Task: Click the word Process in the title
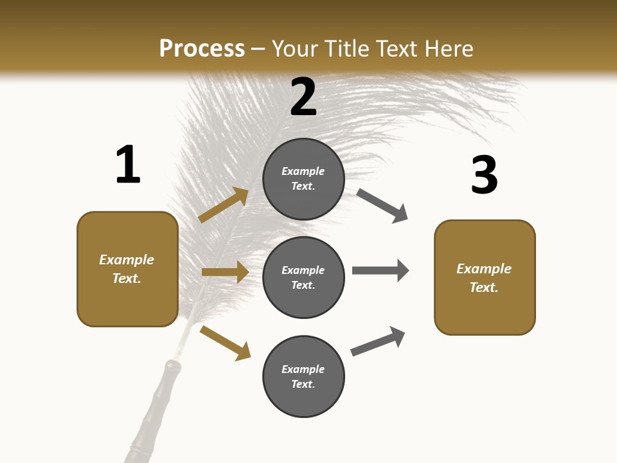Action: tap(202, 48)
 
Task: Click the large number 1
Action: tap(128, 165)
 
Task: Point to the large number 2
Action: tap(303, 97)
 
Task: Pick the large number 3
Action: tap(484, 175)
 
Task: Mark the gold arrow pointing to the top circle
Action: tap(223, 205)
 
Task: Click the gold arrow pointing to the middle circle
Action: tap(225, 272)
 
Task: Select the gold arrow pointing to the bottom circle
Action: tap(225, 343)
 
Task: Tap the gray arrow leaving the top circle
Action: tap(382, 206)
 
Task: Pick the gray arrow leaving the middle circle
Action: tap(380, 270)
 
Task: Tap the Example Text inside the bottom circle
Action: tap(303, 377)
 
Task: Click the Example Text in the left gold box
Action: tap(127, 269)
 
